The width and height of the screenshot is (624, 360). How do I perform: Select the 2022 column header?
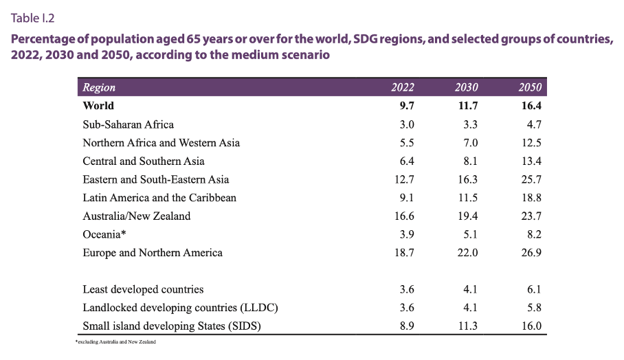tap(403, 87)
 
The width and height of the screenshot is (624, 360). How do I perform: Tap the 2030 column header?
tap(467, 87)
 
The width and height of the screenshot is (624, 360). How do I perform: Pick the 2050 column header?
tap(531, 87)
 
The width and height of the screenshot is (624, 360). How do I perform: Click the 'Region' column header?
tap(99, 87)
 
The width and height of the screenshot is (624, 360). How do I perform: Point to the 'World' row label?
tap(98, 106)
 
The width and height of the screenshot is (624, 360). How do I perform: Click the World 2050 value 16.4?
tap(531, 106)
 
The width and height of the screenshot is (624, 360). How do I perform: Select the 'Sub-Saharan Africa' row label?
tap(128, 124)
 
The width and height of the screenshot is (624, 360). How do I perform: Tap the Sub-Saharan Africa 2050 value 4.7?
tap(534, 124)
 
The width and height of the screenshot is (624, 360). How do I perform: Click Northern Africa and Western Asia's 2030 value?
tap(470, 143)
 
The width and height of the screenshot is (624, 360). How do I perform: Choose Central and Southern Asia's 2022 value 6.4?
tap(406, 161)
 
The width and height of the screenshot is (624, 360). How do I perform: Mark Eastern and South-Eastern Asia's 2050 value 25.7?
tap(531, 179)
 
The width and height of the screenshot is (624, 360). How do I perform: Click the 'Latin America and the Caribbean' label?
tap(159, 198)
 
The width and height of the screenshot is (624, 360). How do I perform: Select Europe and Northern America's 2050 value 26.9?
tap(531, 253)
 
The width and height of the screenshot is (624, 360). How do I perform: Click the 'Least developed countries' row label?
tap(143, 289)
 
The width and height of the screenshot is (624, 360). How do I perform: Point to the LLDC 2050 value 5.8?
tap(534, 308)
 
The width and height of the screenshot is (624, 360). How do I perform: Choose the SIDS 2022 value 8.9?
tap(406, 326)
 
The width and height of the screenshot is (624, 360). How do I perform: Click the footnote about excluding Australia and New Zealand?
tap(115, 341)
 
